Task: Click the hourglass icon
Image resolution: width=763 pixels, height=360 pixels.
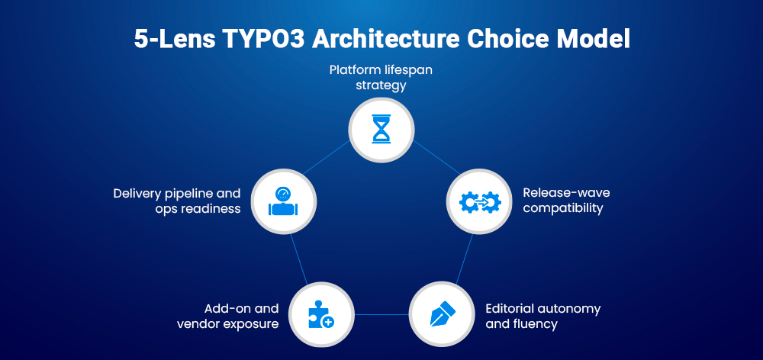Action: point(381,129)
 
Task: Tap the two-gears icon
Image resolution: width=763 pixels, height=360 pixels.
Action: point(479,201)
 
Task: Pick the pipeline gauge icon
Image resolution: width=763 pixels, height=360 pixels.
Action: point(282,201)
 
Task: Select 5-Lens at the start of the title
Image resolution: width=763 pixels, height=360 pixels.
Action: point(162,40)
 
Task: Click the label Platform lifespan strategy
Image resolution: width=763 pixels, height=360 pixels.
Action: point(381,77)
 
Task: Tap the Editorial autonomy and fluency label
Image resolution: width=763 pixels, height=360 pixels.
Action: point(542,316)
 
